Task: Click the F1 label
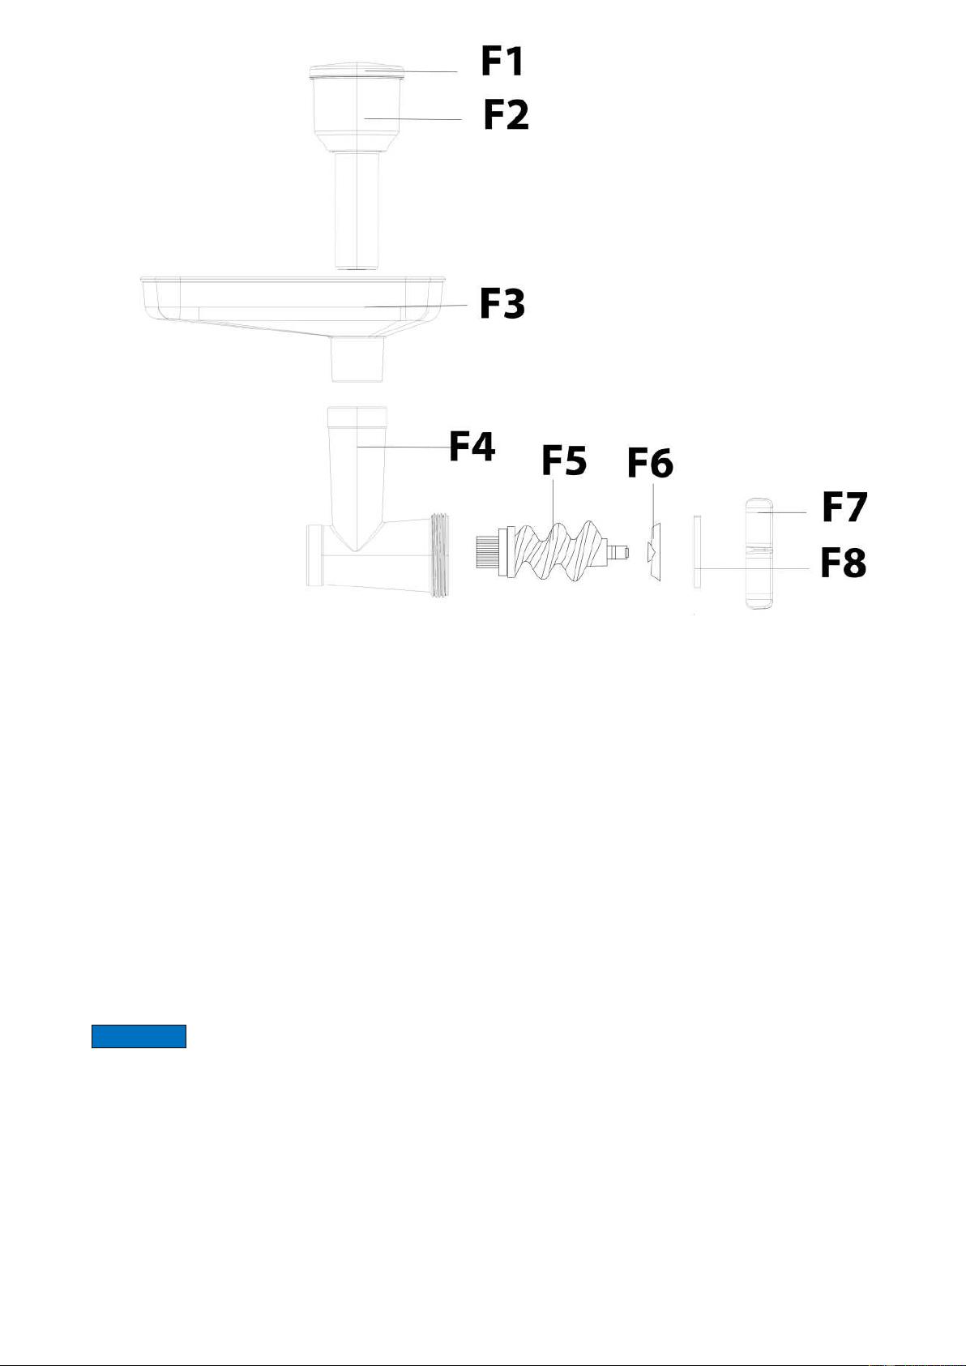click(x=502, y=62)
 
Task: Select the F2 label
click(x=506, y=115)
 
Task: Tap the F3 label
click(x=502, y=304)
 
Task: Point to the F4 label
click(x=472, y=447)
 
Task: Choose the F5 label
click(x=564, y=460)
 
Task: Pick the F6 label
click(x=650, y=464)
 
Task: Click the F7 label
click(x=844, y=507)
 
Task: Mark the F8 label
click(x=843, y=563)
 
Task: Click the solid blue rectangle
click(x=139, y=1037)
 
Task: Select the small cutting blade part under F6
click(x=652, y=551)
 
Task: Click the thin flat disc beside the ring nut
click(x=697, y=552)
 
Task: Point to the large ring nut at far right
click(x=759, y=553)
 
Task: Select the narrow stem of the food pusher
click(x=357, y=211)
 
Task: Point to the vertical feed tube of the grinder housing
click(x=357, y=476)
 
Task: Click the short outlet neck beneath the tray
click(x=357, y=360)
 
